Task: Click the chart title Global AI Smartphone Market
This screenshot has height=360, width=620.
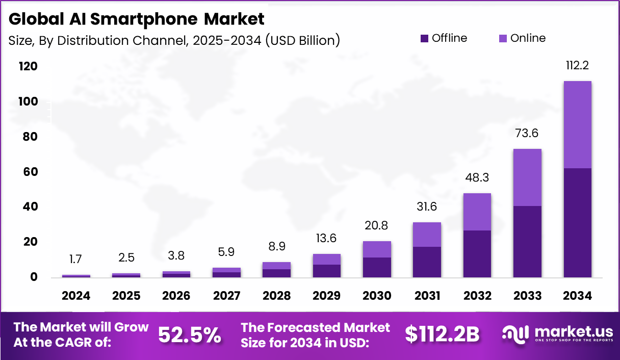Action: (x=137, y=19)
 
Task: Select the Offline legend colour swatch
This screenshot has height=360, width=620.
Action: (x=424, y=38)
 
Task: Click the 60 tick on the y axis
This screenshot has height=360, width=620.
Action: (x=30, y=172)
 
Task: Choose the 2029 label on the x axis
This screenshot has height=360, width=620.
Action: (x=326, y=296)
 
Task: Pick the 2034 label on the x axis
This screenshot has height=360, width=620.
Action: (x=577, y=296)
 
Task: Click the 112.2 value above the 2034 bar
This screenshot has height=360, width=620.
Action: (x=577, y=65)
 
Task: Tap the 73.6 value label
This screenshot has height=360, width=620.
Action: (x=527, y=134)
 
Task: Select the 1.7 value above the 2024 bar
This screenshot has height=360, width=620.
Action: (x=76, y=259)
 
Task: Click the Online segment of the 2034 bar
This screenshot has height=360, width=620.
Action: (x=577, y=124)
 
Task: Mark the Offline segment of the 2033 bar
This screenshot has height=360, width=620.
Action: (x=527, y=242)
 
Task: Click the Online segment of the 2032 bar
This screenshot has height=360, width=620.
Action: (x=477, y=212)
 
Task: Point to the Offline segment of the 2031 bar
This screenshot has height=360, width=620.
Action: (x=427, y=262)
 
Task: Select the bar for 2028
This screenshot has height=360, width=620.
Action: (x=276, y=270)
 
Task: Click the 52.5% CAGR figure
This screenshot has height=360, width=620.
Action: (x=190, y=335)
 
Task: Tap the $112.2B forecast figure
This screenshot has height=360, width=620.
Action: (x=442, y=335)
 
